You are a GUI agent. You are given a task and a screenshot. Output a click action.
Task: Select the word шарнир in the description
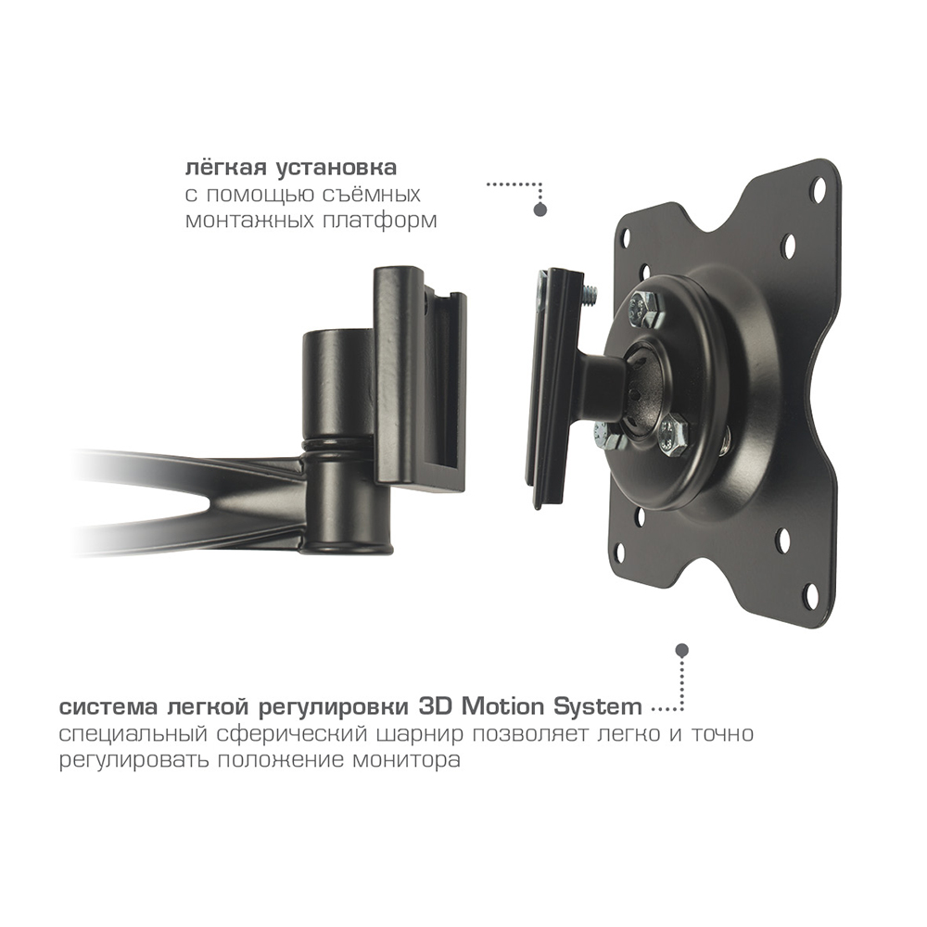409,734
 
